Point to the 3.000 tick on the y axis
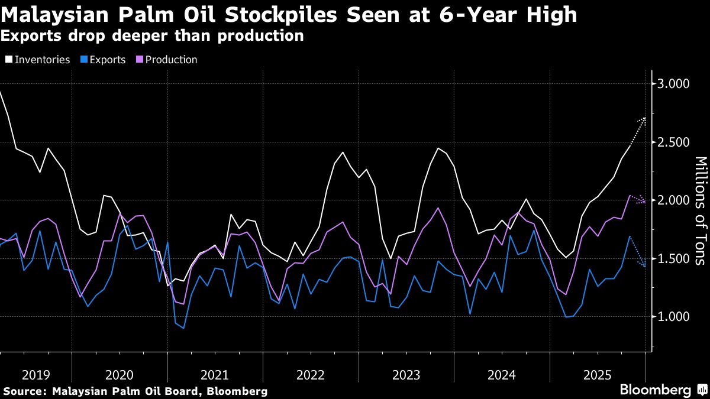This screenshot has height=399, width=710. click(673, 84)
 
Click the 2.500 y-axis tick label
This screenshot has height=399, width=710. click(673, 142)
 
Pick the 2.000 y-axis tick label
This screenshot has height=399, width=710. click(673, 200)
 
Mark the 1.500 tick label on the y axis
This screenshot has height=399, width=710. click(673, 259)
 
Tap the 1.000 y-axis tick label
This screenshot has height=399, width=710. click(673, 317)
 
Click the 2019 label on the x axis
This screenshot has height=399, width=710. click(35, 375)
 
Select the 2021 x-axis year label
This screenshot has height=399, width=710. click(215, 375)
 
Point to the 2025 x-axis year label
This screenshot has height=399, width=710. click(597, 375)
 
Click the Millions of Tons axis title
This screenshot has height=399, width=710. click(700, 210)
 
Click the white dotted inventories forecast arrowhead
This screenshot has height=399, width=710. click(644, 119)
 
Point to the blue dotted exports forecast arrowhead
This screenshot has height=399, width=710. click(644, 266)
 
